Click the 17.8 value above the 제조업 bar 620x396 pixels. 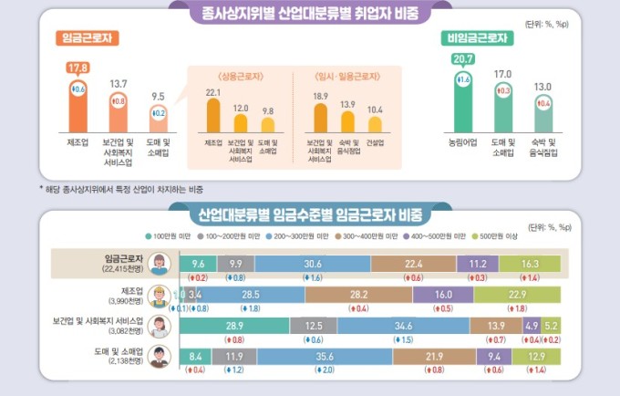coord(77,67)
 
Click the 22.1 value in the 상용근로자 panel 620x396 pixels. coord(213,92)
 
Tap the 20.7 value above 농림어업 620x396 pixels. coord(462,59)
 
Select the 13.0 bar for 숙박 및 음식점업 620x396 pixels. coord(543,113)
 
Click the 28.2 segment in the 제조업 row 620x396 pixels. coord(358,295)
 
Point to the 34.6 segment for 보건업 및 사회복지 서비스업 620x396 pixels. coord(403,326)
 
